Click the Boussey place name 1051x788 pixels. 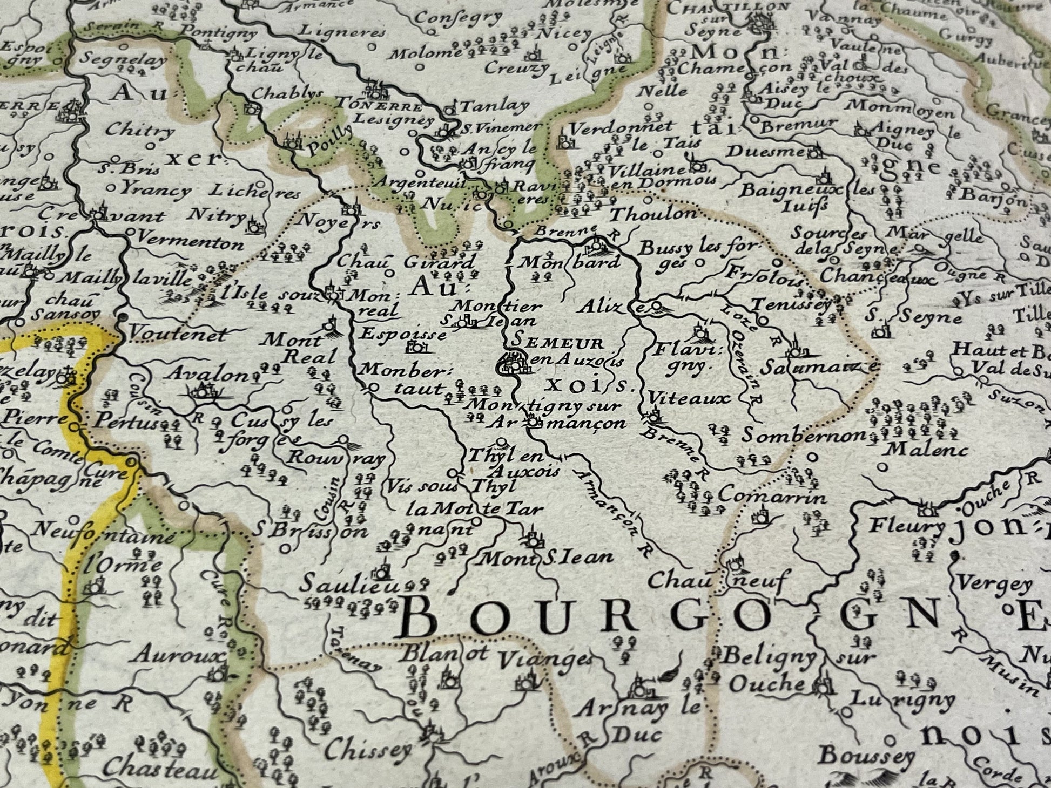[866, 756]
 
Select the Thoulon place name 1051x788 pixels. [653, 214]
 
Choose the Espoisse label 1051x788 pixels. [403, 334]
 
